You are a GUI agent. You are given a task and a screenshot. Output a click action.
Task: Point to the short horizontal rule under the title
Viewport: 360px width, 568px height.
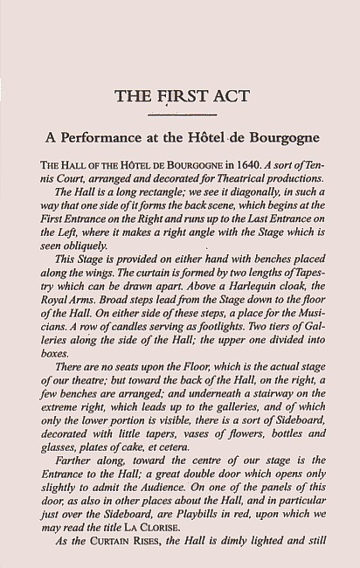[182, 114]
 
